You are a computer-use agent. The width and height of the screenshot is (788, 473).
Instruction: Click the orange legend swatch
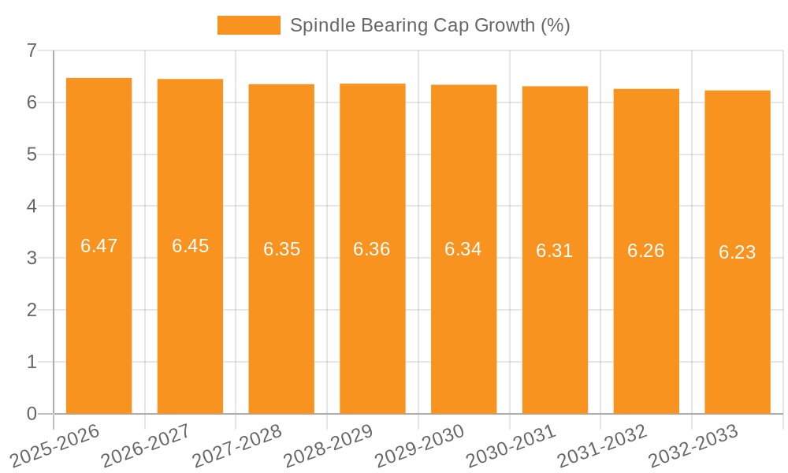click(x=248, y=25)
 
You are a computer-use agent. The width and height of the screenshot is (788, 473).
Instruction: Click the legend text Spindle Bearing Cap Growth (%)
click(x=429, y=25)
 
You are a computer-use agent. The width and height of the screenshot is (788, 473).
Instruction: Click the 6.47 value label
click(x=98, y=246)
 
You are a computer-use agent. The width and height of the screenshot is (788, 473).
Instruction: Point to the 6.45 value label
click(x=190, y=246)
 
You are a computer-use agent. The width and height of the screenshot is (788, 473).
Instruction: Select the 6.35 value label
click(x=281, y=249)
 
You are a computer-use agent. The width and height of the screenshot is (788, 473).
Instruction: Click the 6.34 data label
click(x=463, y=249)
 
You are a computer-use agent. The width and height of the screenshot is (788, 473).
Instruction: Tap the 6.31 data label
click(x=554, y=251)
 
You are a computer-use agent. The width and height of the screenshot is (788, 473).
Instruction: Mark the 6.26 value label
click(x=645, y=251)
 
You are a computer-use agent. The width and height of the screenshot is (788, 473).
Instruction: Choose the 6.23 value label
click(x=737, y=252)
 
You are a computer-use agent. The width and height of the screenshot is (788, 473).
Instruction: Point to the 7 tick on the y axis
click(x=32, y=50)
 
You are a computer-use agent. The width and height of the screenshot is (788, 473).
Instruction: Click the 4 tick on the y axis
click(x=32, y=207)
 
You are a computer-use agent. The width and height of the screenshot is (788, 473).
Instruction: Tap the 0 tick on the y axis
click(x=32, y=414)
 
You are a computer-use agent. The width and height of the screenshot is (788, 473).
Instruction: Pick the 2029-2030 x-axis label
click(x=419, y=445)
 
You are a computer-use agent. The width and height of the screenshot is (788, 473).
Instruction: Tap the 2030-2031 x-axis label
click(x=511, y=445)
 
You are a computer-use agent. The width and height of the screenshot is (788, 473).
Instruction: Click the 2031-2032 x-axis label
click(x=602, y=445)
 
